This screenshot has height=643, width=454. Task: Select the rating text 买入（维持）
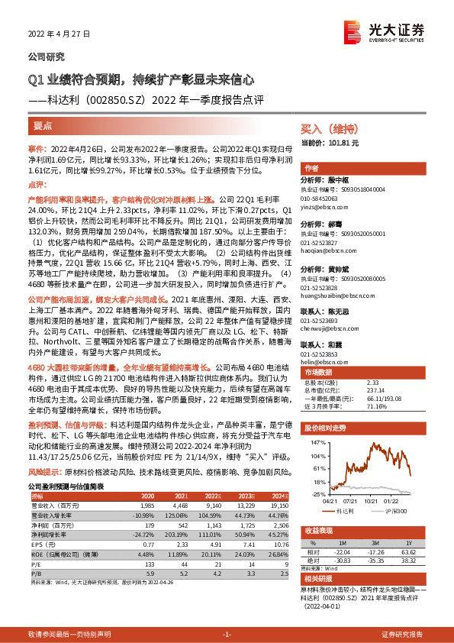click(x=327, y=128)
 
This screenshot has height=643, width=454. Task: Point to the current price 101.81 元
click(x=352, y=143)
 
